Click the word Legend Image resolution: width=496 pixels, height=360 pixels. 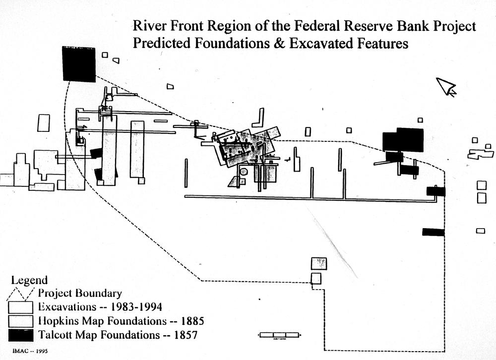pyautogui.click(x=29, y=280)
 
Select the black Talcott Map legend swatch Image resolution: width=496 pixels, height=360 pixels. pyautogui.click(x=21, y=335)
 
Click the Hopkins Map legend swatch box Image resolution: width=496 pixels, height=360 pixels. pyautogui.click(x=21, y=321)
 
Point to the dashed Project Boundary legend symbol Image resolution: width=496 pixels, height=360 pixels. pyautogui.click(x=21, y=293)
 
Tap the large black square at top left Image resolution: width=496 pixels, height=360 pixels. pyautogui.click(x=78, y=64)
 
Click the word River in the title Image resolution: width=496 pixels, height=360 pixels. pyautogui.click(x=147, y=26)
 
